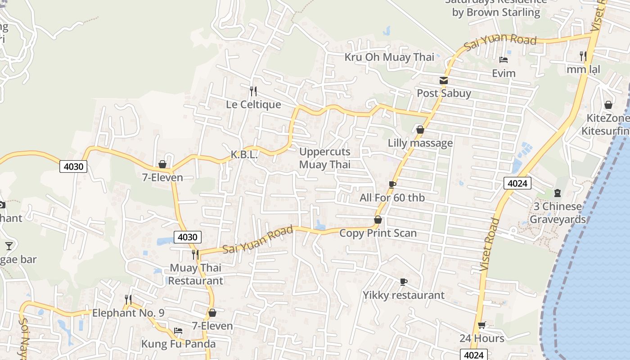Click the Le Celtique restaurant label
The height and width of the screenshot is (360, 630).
coord(253,104)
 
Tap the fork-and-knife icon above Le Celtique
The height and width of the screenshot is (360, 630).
coord(253,91)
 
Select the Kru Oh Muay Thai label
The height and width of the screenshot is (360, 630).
coord(389,57)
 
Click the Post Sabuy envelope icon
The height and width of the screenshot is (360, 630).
coord(444,81)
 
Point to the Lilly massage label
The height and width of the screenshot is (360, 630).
coord(420,143)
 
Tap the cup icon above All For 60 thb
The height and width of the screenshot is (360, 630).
coord(392,184)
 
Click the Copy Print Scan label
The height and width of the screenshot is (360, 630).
coord(378,233)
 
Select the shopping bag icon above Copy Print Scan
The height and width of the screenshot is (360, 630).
coord(378,220)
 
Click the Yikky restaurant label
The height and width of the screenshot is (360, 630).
coord(404,295)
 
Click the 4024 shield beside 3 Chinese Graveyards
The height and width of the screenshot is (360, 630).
coord(517,183)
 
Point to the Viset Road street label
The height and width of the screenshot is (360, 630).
coord(490,244)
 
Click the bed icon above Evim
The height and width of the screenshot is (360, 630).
coord(504,60)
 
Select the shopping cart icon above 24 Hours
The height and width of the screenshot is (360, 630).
coord(481,325)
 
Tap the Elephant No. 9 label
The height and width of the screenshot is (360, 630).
coord(128,313)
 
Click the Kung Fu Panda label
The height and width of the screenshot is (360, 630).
coord(179,344)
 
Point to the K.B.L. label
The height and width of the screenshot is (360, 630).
coord(244,155)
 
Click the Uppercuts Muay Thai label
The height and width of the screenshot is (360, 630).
coord(325,158)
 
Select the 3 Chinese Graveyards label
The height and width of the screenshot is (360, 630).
coord(558,213)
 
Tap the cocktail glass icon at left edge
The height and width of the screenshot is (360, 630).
coord(9,246)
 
